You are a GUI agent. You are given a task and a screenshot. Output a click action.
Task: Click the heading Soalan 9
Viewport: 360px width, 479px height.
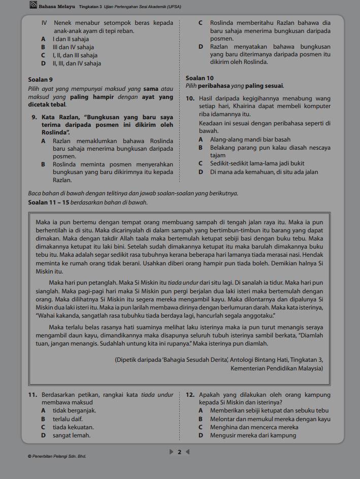pyautogui.click(x=40, y=80)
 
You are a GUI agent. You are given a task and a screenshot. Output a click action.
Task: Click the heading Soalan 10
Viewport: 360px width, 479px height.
pyautogui.click(x=200, y=78)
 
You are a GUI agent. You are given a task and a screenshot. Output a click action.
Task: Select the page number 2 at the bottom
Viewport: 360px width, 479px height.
pyautogui.click(x=179, y=452)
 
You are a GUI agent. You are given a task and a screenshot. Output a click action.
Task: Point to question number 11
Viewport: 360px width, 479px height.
pyautogui.click(x=34, y=395)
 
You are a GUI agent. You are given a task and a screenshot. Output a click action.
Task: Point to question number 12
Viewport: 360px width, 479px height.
pyautogui.click(x=191, y=395)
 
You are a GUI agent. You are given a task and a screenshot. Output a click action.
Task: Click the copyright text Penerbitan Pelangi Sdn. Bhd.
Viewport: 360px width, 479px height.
pyautogui.click(x=57, y=457)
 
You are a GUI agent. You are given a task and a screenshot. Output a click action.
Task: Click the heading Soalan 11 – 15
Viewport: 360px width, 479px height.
pyautogui.click(x=49, y=202)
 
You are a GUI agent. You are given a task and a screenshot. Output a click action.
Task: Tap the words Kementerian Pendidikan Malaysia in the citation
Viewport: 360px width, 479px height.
pyautogui.click(x=276, y=368)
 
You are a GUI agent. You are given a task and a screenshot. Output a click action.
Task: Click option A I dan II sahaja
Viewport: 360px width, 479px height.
pyautogui.click(x=70, y=39)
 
